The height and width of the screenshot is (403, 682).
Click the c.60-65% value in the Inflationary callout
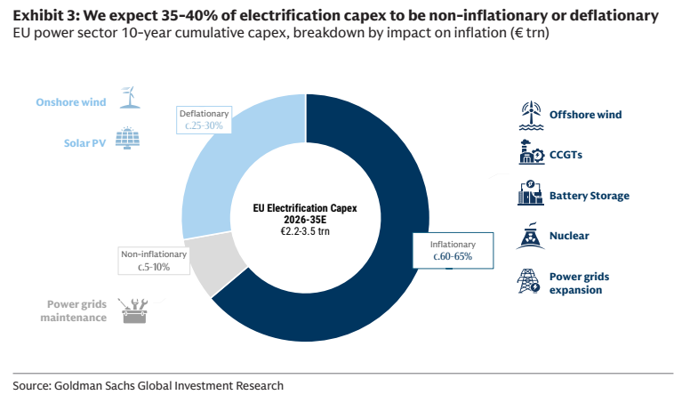click(x=453, y=256)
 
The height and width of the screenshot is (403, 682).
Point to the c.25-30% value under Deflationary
click(x=204, y=125)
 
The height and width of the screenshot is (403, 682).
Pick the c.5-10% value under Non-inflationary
click(x=154, y=267)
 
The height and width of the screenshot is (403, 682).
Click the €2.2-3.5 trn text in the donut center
click(x=305, y=231)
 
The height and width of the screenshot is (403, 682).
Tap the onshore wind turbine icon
click(x=129, y=97)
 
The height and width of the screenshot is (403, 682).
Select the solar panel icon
click(x=127, y=138)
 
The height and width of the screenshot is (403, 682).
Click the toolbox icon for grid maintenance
click(x=133, y=310)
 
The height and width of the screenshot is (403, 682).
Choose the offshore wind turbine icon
click(x=531, y=116)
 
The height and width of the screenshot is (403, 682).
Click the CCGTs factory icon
click(x=531, y=152)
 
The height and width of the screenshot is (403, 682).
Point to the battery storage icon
click(x=531, y=192)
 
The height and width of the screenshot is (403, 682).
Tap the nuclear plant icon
click(x=531, y=236)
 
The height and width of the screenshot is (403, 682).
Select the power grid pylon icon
click(x=528, y=281)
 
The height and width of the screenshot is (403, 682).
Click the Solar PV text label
click(x=84, y=143)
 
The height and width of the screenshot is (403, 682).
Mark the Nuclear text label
click(x=569, y=236)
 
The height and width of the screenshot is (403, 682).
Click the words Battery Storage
click(x=590, y=196)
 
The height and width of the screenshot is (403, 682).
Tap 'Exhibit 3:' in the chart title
click(x=45, y=16)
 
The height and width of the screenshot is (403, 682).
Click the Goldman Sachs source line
click(x=148, y=385)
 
